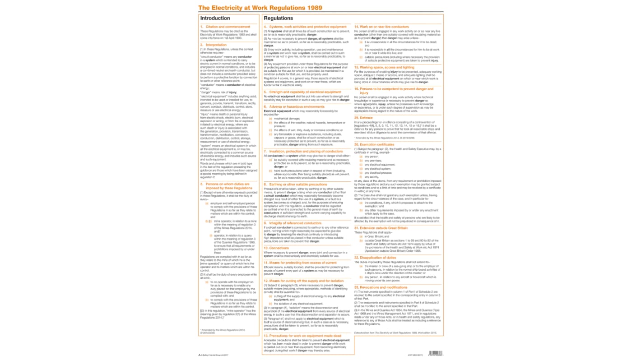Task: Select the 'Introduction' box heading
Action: [x=215, y=18]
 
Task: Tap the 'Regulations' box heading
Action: [x=278, y=18]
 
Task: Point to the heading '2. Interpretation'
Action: [x=213, y=45]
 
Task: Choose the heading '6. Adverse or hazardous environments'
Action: [x=294, y=106]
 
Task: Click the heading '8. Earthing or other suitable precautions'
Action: [x=295, y=185]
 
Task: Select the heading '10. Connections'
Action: [x=276, y=248]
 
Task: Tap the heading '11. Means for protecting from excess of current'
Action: [x=300, y=263]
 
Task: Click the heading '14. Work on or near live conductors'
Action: [x=382, y=27]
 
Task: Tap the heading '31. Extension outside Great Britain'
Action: [x=382, y=228]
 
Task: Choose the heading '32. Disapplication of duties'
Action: [x=378, y=258]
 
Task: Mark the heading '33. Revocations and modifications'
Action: [x=381, y=287]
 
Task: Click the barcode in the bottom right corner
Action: [x=436, y=353]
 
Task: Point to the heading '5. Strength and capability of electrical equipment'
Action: [x=302, y=92]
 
